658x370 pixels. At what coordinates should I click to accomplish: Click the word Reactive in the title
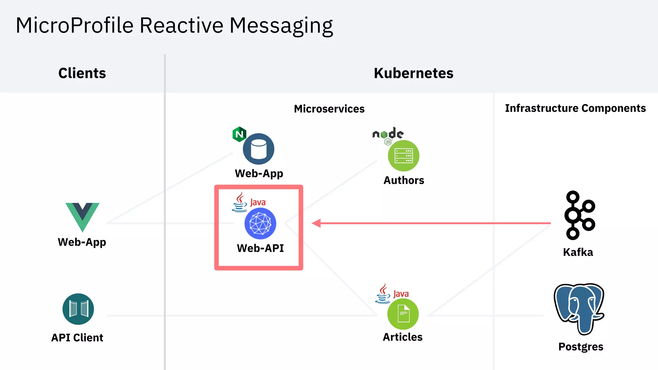pyautogui.click(x=181, y=25)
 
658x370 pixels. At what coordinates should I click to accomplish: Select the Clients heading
pyautogui.click(x=82, y=73)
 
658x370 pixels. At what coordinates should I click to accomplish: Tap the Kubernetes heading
pyautogui.click(x=413, y=73)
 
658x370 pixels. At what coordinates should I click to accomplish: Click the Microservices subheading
pyautogui.click(x=329, y=109)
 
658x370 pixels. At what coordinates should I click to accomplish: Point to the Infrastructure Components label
pyautogui.click(x=575, y=108)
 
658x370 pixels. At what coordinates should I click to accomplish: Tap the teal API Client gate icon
pyautogui.click(x=78, y=309)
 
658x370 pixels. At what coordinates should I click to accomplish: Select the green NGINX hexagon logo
pyautogui.click(x=239, y=134)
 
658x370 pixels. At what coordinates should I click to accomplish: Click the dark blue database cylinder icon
pyautogui.click(x=259, y=149)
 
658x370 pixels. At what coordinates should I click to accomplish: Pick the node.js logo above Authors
pyautogui.click(x=388, y=135)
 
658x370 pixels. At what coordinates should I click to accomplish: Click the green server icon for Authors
pyautogui.click(x=404, y=156)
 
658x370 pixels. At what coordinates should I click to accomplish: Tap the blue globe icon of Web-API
pyautogui.click(x=260, y=224)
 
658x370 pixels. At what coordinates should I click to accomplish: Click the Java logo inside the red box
pyautogui.click(x=248, y=202)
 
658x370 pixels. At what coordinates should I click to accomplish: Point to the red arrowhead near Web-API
pyautogui.click(x=316, y=223)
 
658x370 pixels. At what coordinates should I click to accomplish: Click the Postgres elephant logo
pyautogui.click(x=579, y=308)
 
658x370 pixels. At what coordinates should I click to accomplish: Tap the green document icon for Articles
pyautogui.click(x=403, y=314)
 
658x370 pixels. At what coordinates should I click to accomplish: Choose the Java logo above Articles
pyautogui.click(x=392, y=294)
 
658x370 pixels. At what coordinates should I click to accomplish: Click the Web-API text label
pyautogui.click(x=260, y=248)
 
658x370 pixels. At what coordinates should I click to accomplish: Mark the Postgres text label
pyautogui.click(x=581, y=347)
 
